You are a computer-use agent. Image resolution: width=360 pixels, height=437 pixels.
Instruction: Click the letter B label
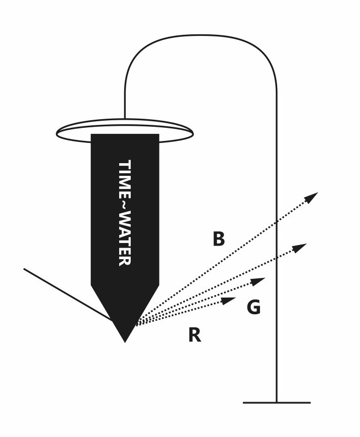click(x=218, y=239)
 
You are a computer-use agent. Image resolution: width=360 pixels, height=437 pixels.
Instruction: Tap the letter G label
click(x=253, y=307)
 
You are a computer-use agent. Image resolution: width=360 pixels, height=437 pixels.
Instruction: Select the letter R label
click(x=194, y=335)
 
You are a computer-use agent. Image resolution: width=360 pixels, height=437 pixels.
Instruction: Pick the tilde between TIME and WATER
click(x=125, y=201)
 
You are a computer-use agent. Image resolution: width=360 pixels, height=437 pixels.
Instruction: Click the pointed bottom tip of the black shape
click(x=125, y=342)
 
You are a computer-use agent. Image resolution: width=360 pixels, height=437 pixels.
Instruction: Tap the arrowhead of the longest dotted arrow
click(x=314, y=196)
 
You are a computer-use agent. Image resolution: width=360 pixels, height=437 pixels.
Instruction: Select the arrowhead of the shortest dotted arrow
click(x=230, y=300)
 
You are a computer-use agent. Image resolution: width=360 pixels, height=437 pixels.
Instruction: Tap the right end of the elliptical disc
click(x=192, y=133)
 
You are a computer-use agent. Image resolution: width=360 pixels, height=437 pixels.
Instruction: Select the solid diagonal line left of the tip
click(x=66, y=293)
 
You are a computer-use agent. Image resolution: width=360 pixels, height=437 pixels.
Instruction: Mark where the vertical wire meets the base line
click(x=276, y=403)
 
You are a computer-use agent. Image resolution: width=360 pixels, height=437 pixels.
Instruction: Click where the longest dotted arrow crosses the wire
click(x=276, y=222)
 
